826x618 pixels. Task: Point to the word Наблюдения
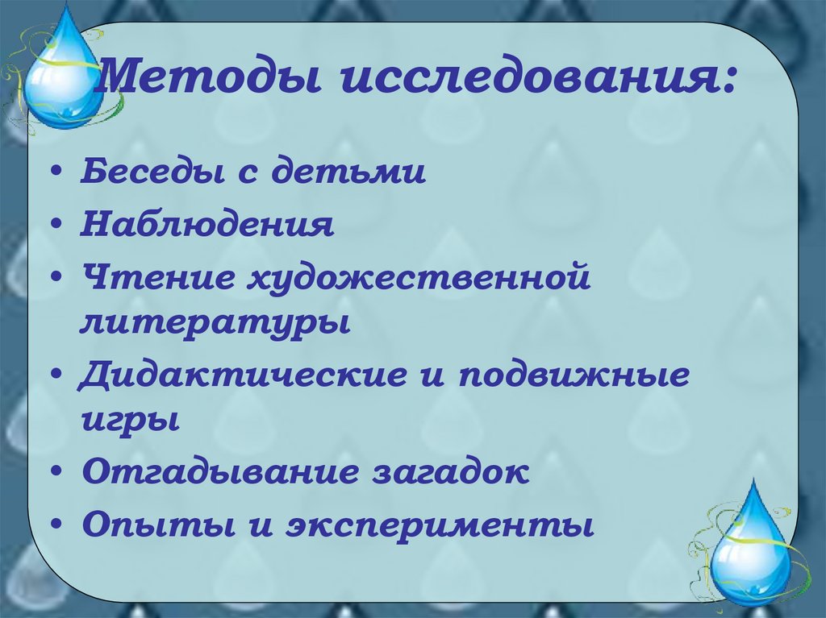206,225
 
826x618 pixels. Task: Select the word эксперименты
436,526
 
